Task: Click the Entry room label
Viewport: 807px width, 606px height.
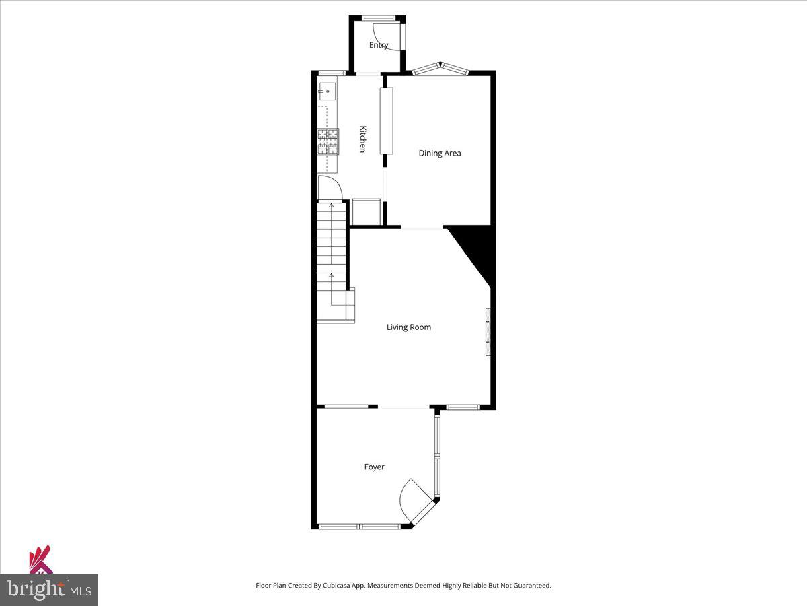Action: [379, 45]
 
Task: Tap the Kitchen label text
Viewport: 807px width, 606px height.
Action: [362, 139]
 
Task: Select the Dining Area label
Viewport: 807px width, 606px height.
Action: [440, 153]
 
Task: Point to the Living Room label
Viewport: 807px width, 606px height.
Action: [408, 327]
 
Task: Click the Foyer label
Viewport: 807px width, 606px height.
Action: [375, 467]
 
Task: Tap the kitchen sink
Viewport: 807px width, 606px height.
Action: [327, 91]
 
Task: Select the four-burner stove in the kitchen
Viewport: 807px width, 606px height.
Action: [328, 141]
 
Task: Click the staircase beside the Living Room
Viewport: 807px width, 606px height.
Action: [332, 263]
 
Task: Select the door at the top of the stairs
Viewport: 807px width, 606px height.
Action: [330, 187]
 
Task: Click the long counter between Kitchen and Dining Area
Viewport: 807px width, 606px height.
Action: [386, 121]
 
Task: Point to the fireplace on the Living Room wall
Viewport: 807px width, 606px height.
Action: [488, 332]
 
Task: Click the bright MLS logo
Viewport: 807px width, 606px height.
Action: [48, 589]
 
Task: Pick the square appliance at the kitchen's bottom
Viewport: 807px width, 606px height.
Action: [366, 211]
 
